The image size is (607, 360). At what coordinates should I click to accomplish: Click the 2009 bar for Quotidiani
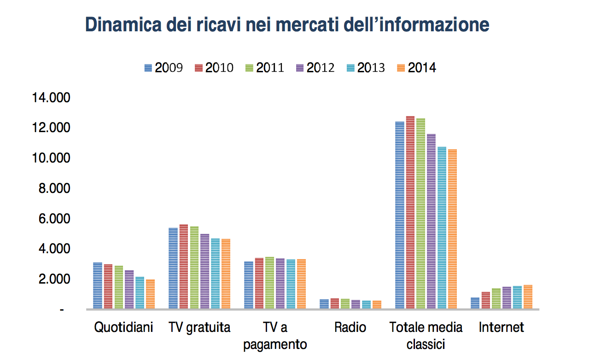pyautogui.click(x=98, y=285)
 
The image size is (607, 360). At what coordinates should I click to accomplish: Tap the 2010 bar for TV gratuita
pyautogui.click(x=184, y=267)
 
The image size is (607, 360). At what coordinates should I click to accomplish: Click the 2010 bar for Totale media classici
pyautogui.click(x=410, y=212)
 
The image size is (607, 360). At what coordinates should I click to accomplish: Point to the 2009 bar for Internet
pyautogui.click(x=475, y=303)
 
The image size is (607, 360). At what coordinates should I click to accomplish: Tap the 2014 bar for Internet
pyautogui.click(x=528, y=297)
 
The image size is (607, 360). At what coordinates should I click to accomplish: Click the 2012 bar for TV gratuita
pyautogui.click(x=205, y=271)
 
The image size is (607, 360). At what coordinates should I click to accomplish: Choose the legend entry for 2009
pyautogui.click(x=163, y=68)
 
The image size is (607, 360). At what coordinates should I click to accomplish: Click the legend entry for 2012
pyautogui.click(x=315, y=68)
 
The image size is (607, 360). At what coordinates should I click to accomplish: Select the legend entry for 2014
pyautogui.click(x=416, y=68)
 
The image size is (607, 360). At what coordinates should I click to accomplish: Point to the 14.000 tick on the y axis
pyautogui.click(x=51, y=98)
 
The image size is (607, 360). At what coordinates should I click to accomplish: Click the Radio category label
pyautogui.click(x=350, y=327)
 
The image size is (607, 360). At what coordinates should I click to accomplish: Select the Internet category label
pyautogui.click(x=502, y=327)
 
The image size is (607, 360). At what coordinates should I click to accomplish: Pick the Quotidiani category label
pyautogui.click(x=123, y=327)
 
